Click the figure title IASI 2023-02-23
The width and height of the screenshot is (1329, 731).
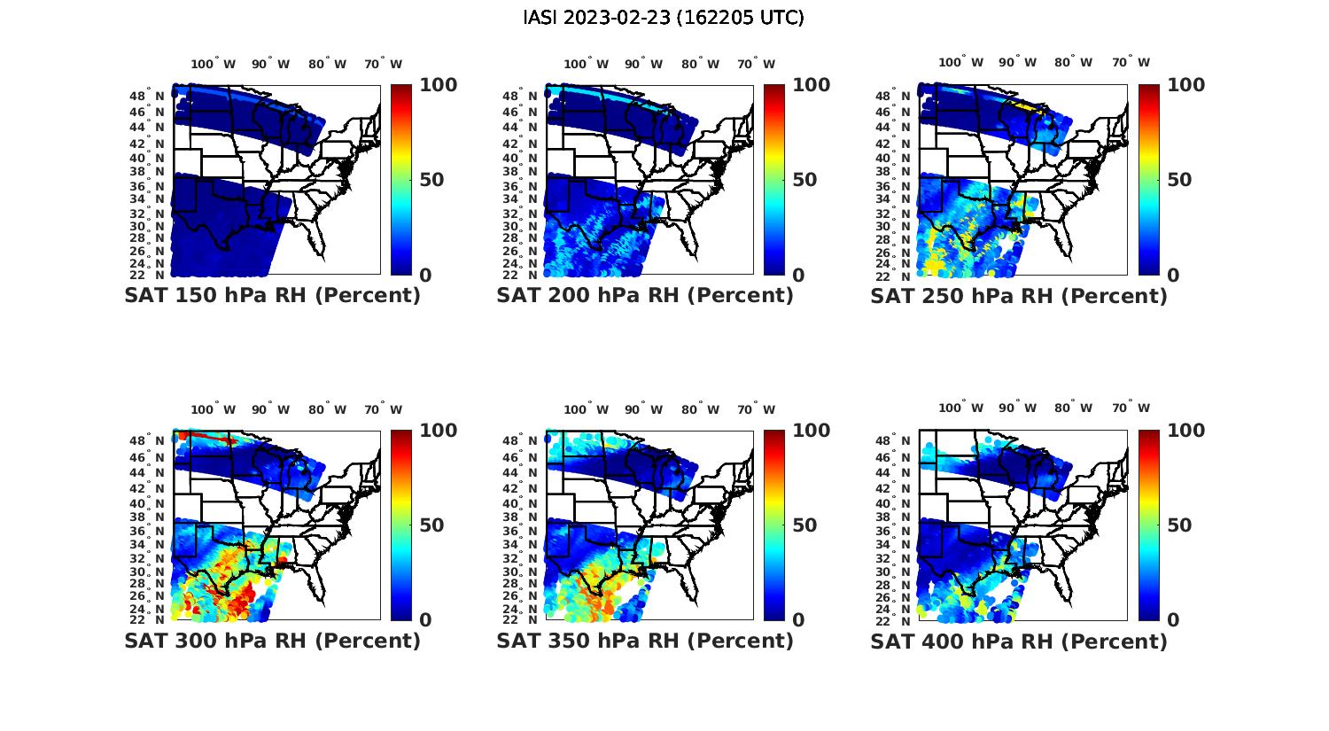[x=664, y=18]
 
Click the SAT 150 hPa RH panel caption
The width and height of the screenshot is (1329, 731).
[x=272, y=295]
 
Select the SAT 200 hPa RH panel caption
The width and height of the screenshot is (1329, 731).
[x=645, y=295]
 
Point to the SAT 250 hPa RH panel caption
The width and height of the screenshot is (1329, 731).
[x=1019, y=295]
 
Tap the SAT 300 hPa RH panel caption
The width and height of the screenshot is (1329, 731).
[x=272, y=640]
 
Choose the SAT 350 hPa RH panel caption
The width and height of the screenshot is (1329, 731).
[x=645, y=640]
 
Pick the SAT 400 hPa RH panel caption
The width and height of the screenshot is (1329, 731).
[x=1019, y=640]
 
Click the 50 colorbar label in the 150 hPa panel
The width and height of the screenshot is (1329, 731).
[x=431, y=180]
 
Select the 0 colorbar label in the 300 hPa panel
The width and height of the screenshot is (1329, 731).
[x=425, y=620]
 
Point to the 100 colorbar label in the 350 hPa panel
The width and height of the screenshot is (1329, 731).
[x=811, y=431]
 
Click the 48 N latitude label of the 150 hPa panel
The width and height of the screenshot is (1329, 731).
[x=147, y=96]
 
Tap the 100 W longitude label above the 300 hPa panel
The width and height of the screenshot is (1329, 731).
[x=214, y=409]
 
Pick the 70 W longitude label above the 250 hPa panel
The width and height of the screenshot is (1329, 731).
[x=1131, y=63]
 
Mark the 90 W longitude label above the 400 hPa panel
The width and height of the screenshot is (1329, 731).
[x=1019, y=408]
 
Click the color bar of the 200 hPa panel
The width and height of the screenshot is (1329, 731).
[x=774, y=180]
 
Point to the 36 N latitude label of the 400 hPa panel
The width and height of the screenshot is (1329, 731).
[x=895, y=531]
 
